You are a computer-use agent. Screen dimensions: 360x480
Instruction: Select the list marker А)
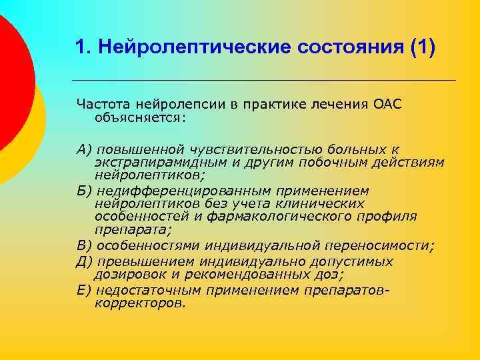tap(85, 149)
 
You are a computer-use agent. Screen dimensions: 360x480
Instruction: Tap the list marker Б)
tap(85, 191)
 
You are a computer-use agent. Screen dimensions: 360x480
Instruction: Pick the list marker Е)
tap(85, 291)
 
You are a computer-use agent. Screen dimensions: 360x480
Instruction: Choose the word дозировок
tap(128, 273)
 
